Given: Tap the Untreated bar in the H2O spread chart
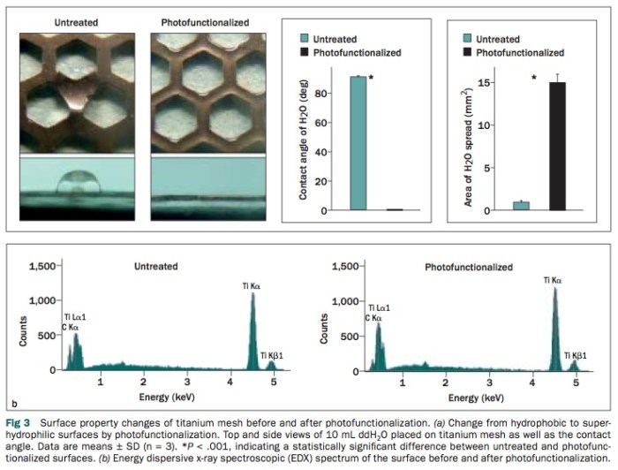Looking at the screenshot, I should tap(522, 206).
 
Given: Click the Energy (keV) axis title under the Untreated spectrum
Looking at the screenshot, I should tap(166, 398).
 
